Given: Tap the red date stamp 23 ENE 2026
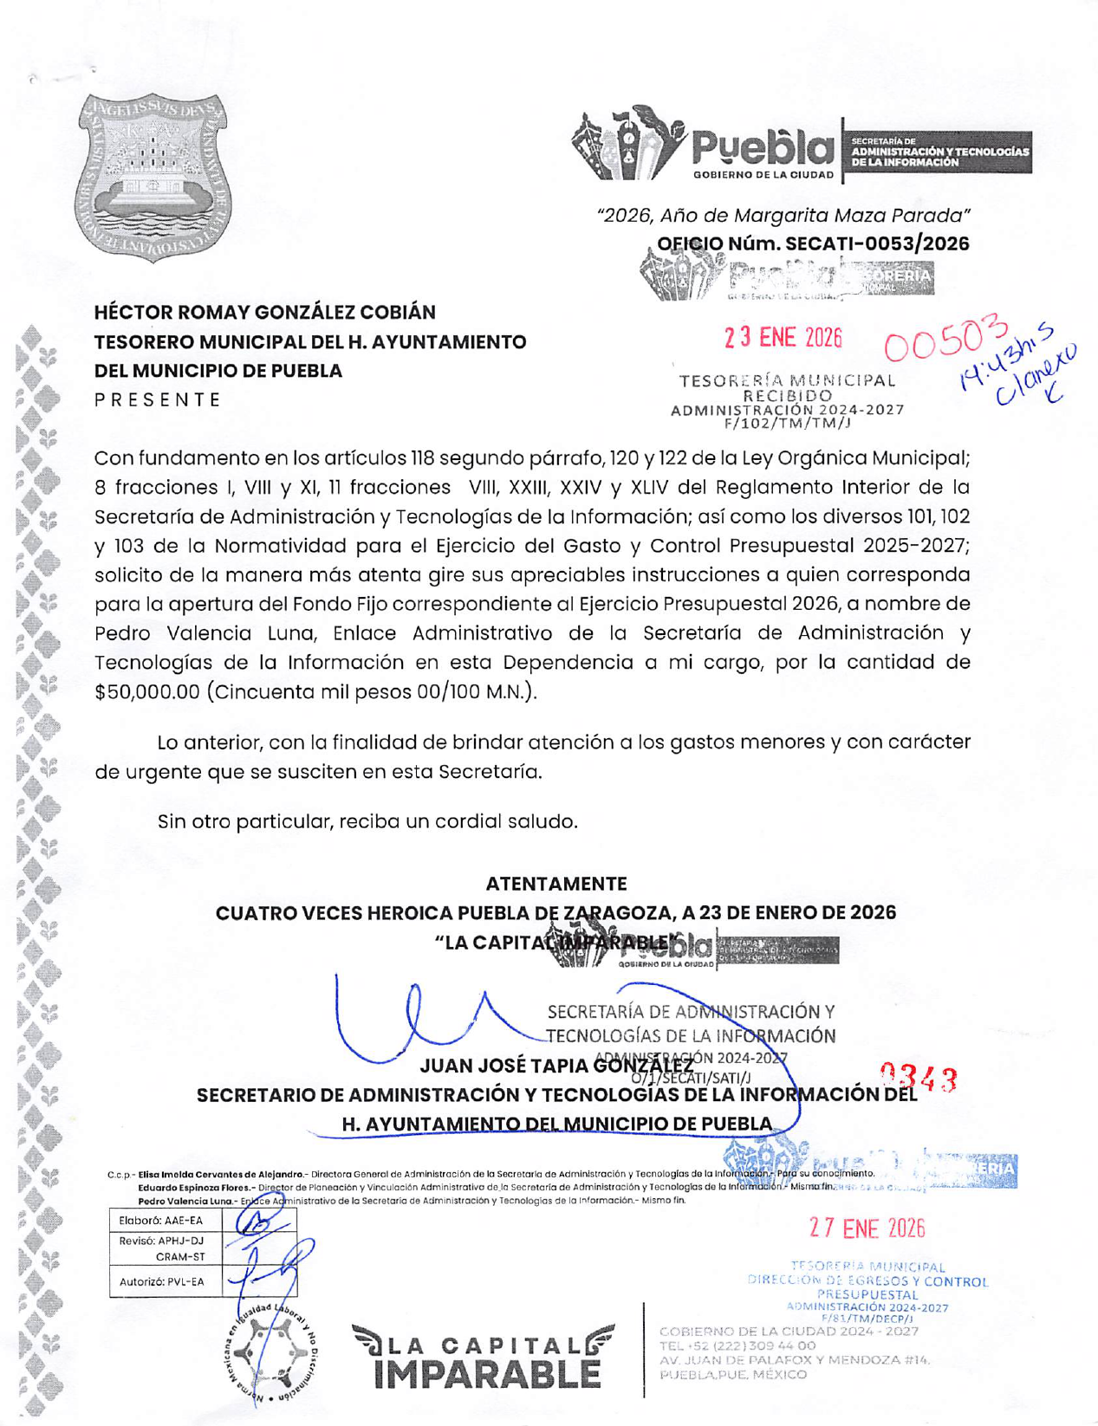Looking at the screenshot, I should coord(783,338).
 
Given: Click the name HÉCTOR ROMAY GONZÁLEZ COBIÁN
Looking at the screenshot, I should coord(264,312).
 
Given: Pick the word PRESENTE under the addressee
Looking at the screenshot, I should coord(158,399).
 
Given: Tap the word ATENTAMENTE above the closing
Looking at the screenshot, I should coord(555,884).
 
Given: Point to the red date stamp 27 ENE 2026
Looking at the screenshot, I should coord(867,1228).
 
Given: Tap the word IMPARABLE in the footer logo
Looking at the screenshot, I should coord(487,1373).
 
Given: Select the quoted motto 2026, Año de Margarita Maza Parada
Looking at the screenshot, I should coord(783,215).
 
